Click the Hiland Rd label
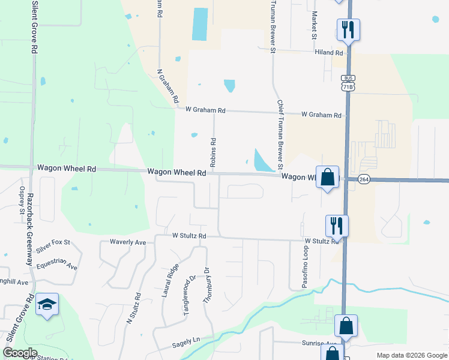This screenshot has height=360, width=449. [x=328, y=53]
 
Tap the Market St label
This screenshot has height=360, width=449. [x=313, y=25]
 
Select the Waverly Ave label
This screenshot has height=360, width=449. [x=128, y=242]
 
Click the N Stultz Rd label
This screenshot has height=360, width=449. [x=133, y=308]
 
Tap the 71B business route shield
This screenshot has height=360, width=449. [x=347, y=83]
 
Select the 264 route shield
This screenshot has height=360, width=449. [x=364, y=179]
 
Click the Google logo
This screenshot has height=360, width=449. [x=20, y=353]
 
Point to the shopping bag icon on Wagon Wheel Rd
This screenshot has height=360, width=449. [x=327, y=177]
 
